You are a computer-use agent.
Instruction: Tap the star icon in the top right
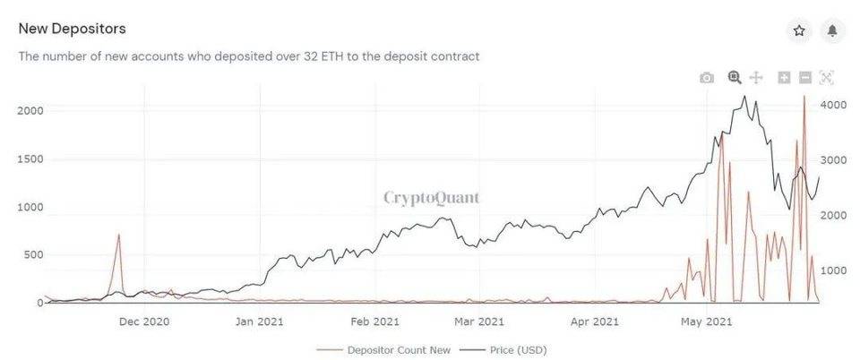[x=799, y=31]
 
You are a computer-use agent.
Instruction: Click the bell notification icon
[x=832, y=31]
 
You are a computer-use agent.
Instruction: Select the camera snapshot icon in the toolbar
[x=707, y=78]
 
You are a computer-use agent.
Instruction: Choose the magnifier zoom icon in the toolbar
[x=735, y=78]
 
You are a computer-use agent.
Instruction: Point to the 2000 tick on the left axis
[x=30, y=110]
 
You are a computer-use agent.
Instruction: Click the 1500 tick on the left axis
[x=30, y=159]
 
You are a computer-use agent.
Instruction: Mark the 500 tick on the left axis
[x=33, y=255]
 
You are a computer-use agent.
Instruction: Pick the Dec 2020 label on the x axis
[x=144, y=321]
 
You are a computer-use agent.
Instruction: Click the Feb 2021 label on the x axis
[x=374, y=321]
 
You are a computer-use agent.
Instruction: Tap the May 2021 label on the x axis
[x=707, y=321]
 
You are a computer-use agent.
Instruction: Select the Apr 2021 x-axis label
[x=594, y=321]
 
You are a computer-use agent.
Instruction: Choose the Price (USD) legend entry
[x=515, y=350]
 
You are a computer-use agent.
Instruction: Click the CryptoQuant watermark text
[x=431, y=197]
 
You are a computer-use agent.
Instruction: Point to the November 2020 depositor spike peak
[x=118, y=235]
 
